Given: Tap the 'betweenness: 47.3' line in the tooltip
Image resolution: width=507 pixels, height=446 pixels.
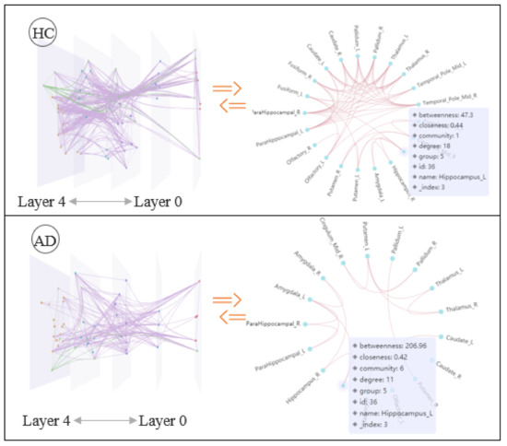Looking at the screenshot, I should click(x=447, y=120).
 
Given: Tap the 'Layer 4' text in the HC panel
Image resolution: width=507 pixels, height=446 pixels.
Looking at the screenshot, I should click(x=38, y=202).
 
